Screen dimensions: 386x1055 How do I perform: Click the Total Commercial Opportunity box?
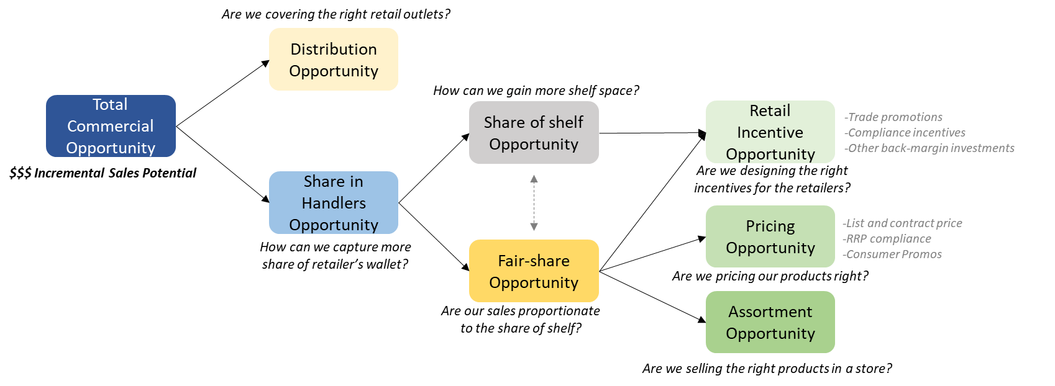pos(111,126)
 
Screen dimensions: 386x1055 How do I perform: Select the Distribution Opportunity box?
pos(334,60)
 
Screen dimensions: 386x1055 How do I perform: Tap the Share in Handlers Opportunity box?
pos(334,203)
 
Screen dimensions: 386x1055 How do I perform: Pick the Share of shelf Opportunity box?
pos(534,133)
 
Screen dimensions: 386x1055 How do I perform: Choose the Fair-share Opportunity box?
pos(534,271)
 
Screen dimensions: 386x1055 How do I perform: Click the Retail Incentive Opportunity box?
pos(770,132)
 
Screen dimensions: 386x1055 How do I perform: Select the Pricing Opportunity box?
pos(770,236)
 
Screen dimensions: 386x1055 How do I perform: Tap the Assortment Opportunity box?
pos(770,322)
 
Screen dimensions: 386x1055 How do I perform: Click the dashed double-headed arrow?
pos(534,202)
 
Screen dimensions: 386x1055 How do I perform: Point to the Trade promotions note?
pos(893,117)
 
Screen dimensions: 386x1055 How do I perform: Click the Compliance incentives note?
pos(905,133)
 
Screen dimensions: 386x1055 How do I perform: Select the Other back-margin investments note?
pos(929,148)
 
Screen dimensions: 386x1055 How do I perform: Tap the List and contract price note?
pos(902,223)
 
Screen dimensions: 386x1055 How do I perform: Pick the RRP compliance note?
pos(887,239)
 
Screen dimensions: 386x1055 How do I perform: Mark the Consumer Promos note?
pos(892,254)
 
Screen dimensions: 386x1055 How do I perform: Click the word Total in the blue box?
pos(110,104)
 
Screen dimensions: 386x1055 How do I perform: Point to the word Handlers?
pos(334,203)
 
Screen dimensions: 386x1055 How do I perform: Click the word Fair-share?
pos(534,261)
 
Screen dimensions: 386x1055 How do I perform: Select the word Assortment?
pos(770,312)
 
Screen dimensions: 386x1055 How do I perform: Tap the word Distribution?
pos(334,49)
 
